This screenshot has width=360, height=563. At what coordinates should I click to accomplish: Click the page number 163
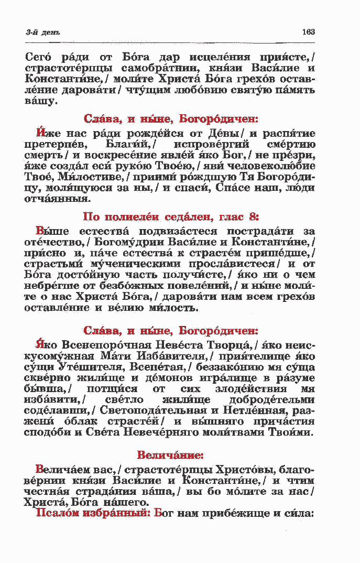[308, 32]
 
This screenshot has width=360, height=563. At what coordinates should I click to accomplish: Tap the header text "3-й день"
[39, 33]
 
